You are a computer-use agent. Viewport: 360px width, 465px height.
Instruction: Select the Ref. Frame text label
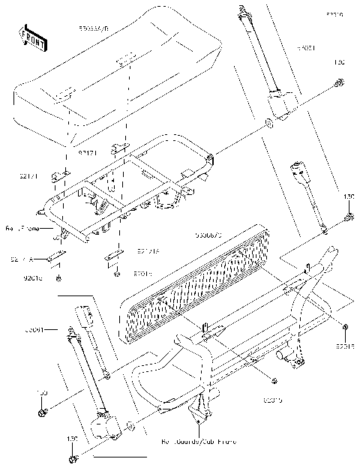27,227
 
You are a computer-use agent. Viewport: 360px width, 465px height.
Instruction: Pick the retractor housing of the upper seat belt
280,105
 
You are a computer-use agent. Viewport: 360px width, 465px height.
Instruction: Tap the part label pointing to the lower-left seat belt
32,329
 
